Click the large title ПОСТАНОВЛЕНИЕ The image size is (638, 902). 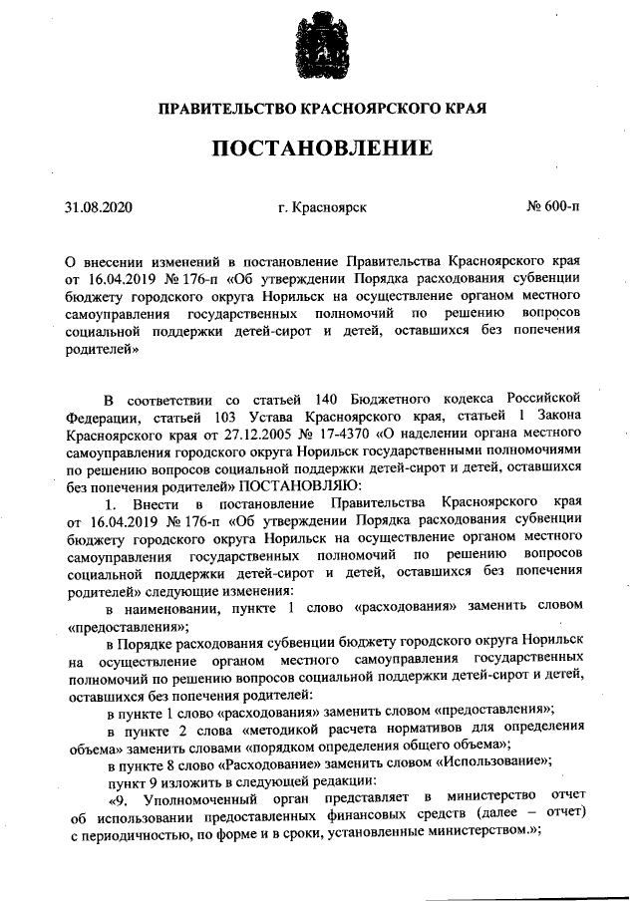(x=319, y=149)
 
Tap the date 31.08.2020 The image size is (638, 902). (x=98, y=208)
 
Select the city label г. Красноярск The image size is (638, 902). (x=323, y=208)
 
